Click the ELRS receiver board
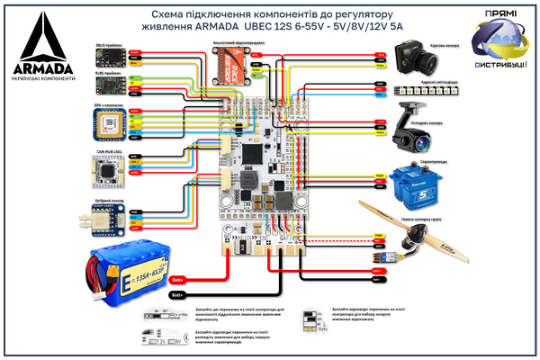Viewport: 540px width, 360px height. point(107,85)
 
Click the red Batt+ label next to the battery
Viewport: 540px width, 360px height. point(177,280)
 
